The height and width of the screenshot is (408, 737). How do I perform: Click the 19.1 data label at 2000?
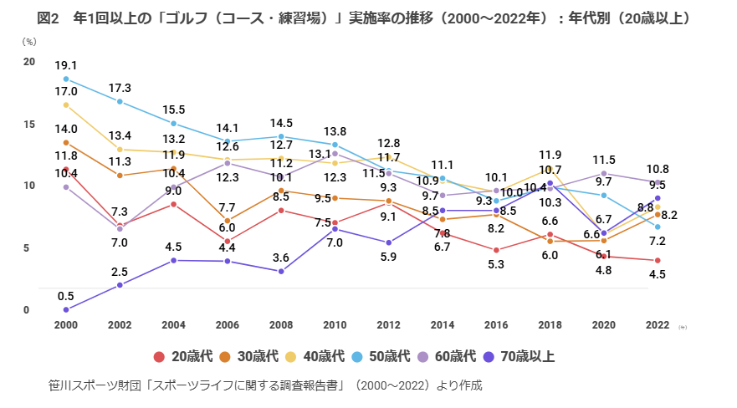66,65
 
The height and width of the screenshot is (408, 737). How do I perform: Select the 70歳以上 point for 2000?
66,309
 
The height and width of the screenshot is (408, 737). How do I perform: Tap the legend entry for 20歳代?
183,357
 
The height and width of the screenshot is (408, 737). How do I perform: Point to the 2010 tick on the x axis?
335,325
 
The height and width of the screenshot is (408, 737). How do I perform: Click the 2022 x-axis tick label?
658,325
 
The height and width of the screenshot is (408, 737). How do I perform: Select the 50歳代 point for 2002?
120,101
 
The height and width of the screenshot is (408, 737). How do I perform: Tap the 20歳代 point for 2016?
496,250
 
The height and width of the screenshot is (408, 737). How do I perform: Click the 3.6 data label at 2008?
281,258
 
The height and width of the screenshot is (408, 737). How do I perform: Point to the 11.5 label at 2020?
603,160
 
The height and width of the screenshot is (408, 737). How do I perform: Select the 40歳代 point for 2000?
66,105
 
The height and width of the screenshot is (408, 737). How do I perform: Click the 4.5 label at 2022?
658,275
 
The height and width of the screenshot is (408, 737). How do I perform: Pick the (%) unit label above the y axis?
29,41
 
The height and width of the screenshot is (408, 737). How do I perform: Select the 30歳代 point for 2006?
228,221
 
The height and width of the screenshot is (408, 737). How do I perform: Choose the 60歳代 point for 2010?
335,153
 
